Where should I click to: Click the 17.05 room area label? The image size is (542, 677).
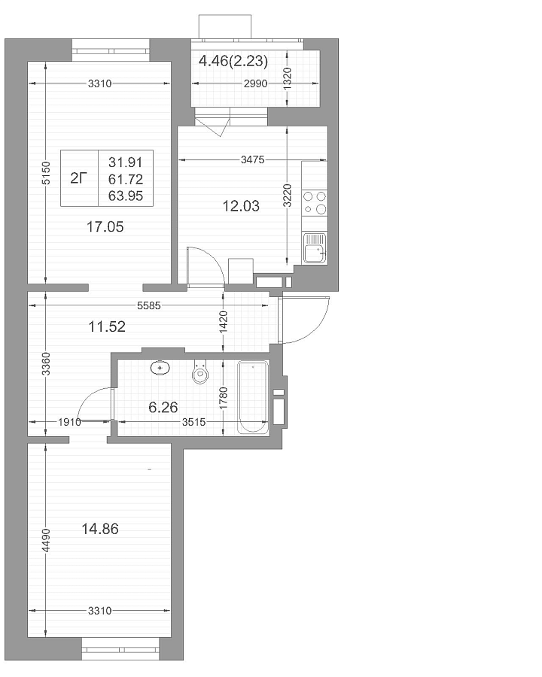(105, 226)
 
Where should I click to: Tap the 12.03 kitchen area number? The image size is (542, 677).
(241, 206)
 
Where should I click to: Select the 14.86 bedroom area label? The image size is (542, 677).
(100, 529)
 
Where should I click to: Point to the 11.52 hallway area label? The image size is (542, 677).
(107, 326)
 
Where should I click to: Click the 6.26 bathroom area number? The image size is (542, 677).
(163, 407)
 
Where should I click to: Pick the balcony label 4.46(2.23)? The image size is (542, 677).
(233, 62)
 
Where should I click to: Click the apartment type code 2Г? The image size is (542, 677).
(78, 178)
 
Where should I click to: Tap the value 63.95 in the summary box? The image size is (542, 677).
(126, 196)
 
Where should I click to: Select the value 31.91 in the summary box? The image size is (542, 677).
(126, 162)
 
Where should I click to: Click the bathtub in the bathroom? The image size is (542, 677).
(253, 397)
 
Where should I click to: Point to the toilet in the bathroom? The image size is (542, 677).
(200, 372)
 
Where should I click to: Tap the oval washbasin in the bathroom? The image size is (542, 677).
(160, 369)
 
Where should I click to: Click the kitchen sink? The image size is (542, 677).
(314, 247)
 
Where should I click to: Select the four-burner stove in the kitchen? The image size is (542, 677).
(314, 203)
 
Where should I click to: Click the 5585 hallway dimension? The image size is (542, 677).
(149, 305)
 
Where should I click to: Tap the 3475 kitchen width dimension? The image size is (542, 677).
(252, 159)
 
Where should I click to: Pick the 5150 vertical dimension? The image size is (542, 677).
(46, 173)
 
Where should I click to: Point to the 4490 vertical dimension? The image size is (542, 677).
(46, 539)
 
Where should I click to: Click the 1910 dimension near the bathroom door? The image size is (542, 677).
(69, 422)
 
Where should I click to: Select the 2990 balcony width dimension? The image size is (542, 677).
(255, 83)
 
